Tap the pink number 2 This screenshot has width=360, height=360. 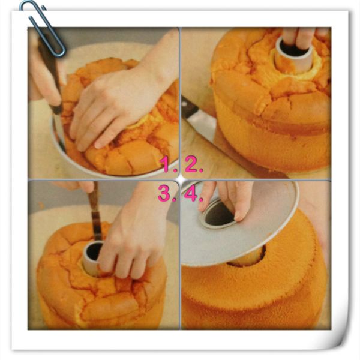(193, 164)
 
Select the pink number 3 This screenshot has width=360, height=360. (166, 193)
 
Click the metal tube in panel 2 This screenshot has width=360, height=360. (293, 55)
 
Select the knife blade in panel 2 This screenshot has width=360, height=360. (202, 128)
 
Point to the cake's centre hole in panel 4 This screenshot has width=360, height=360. (247, 258)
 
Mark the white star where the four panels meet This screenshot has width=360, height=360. (180, 179)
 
